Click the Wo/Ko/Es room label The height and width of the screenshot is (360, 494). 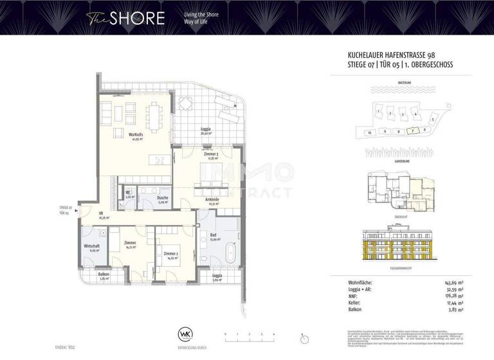click(x=136, y=136)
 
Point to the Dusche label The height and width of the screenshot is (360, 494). click(x=163, y=198)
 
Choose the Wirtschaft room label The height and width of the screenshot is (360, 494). click(x=91, y=247)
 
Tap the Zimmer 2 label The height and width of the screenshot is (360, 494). click(x=170, y=255)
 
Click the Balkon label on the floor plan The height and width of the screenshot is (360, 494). click(x=103, y=274)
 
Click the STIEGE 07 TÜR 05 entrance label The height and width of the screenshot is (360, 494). click(x=64, y=210)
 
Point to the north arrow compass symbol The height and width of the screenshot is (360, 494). click(x=303, y=337)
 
